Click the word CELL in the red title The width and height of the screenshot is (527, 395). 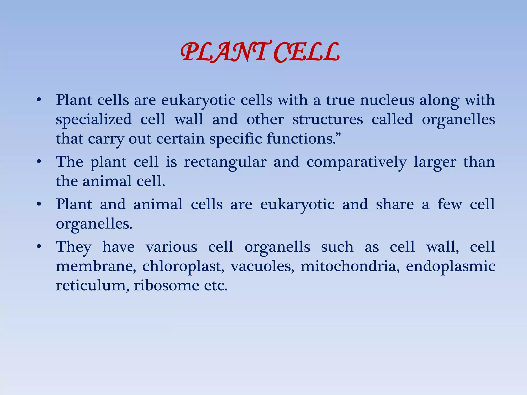pyautogui.click(x=306, y=53)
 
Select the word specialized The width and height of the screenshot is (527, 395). pyautogui.click(x=94, y=120)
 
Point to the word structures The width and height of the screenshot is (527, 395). pyautogui.click(x=328, y=120)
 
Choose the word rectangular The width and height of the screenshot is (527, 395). pyautogui.click(x=225, y=162)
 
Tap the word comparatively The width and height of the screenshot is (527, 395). pyautogui.click(x=356, y=163)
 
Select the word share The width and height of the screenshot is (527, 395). pyautogui.click(x=395, y=204)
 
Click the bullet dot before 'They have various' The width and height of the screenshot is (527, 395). pyautogui.click(x=39, y=247)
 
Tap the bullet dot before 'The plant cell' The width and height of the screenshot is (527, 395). pyautogui.click(x=39, y=162)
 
